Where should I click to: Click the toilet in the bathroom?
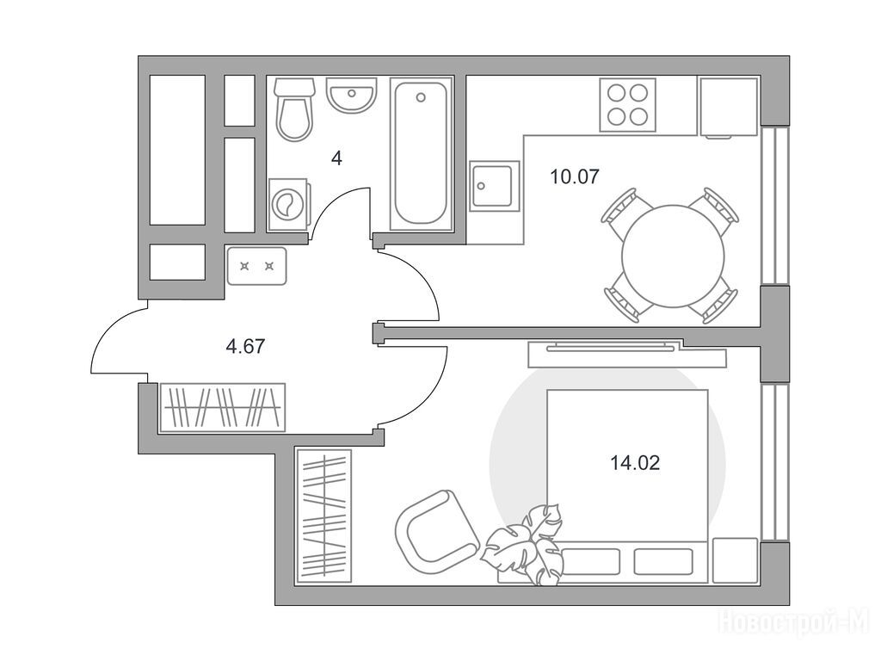pos(294,109)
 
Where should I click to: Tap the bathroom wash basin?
pos(351,94)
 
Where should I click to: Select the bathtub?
pos(421,154)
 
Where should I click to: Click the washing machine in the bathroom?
pos(288,205)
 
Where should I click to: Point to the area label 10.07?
pos(575,177)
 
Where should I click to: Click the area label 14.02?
pos(635,463)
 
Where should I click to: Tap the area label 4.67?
pos(245,346)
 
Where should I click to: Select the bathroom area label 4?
pos(336,158)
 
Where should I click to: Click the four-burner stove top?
pos(627,105)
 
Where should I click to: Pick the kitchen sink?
pos(495,186)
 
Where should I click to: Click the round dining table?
pos(673,256)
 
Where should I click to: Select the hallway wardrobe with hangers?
pos(222,407)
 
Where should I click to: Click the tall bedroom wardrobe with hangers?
pos(323,516)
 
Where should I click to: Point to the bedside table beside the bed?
pos(735,560)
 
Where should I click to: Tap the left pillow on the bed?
pos(590,561)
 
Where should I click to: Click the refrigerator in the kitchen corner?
pos(729,108)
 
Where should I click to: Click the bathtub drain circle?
pos(421,97)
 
